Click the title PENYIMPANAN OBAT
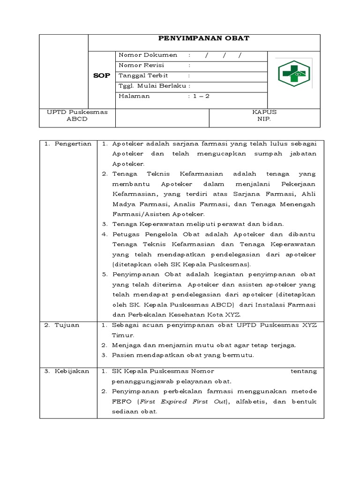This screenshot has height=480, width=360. [203, 38]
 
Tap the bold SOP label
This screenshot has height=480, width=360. [102, 75]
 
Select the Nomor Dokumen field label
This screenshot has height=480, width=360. [148, 55]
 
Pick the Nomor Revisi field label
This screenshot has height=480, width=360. [142, 65]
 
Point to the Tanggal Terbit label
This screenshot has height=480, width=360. [143, 75]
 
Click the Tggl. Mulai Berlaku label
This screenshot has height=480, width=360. [153, 86]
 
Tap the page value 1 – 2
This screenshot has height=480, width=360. [199, 96]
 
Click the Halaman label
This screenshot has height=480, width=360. [135, 96]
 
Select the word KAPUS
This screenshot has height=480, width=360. [264, 112]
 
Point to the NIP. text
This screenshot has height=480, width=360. [264, 119]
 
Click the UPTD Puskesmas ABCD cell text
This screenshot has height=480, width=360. [77, 115]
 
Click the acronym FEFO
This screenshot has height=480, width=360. [121, 402]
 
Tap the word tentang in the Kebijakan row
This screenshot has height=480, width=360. [304, 371]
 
